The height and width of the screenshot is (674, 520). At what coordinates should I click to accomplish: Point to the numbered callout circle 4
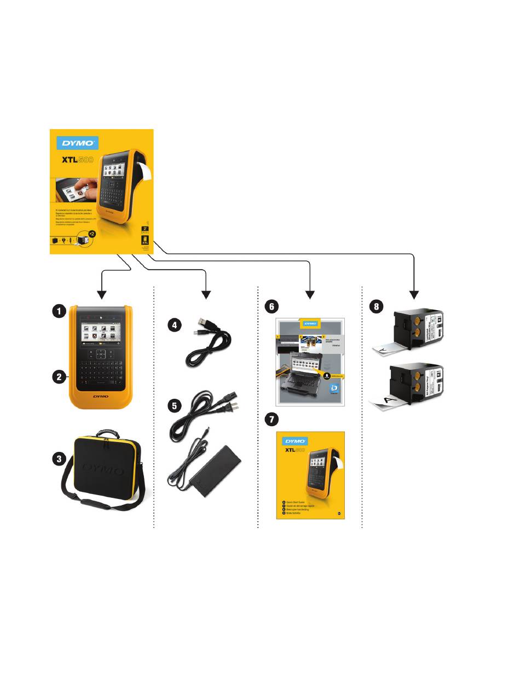[174, 325]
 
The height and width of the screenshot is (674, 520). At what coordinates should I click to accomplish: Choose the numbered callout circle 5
[174, 406]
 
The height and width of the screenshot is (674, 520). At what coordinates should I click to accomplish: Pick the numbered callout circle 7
[271, 419]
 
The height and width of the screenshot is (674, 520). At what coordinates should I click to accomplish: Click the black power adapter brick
[219, 470]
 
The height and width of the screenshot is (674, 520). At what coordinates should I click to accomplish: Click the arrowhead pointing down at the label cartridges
[414, 294]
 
